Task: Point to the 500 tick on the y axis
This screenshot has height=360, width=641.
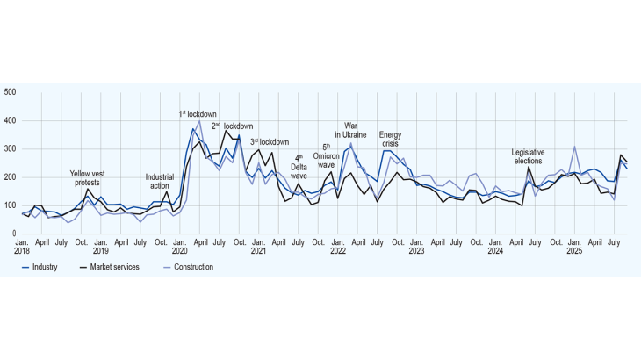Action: coord(10,92)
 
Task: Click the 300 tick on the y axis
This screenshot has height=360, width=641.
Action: coord(10,148)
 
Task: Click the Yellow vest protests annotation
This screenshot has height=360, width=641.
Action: coord(88,178)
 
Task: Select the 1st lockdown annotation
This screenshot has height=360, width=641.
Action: coord(198,114)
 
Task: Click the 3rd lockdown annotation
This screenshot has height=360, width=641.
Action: coord(270,141)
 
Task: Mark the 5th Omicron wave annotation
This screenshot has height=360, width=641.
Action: coord(327,156)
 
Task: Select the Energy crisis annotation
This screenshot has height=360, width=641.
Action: coord(391,140)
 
